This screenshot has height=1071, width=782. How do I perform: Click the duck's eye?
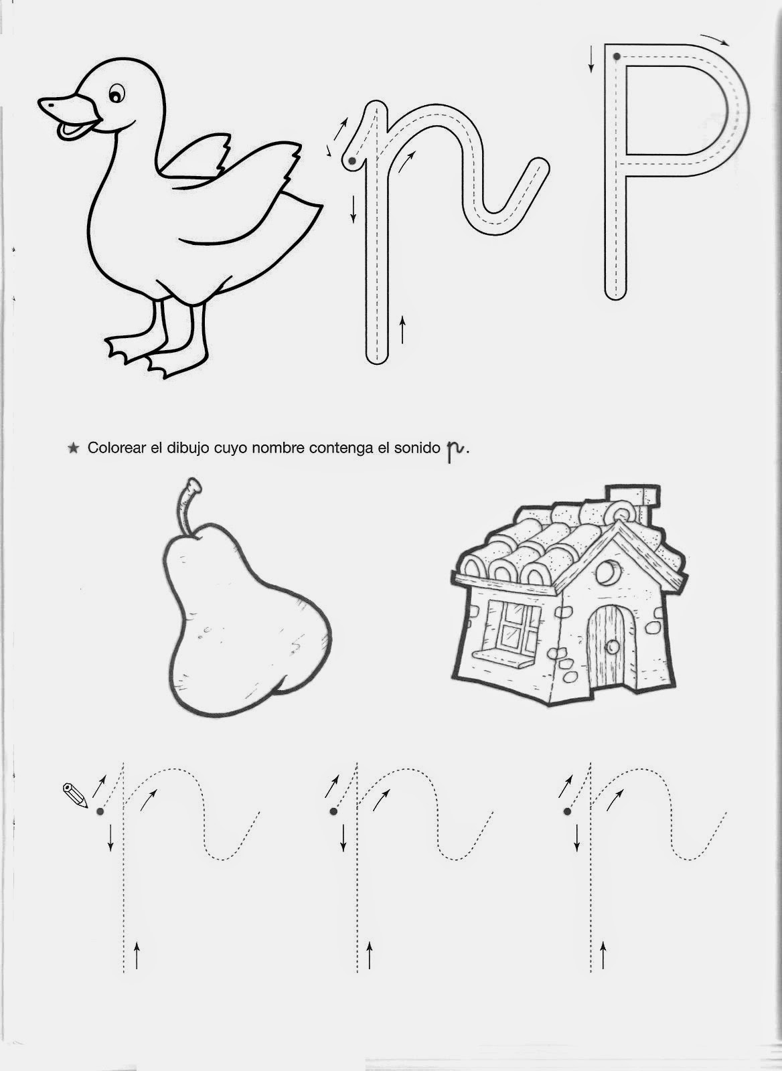point(116,93)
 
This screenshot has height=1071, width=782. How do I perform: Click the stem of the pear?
point(188,506)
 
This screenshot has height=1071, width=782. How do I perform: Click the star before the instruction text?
point(73,448)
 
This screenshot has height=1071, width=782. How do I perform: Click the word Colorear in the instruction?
point(116,448)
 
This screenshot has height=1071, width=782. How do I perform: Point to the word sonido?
point(416,448)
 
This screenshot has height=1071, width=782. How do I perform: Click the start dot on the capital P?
point(617,57)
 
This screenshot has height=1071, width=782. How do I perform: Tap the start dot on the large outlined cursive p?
point(352,161)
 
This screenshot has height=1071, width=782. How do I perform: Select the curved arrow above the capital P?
point(714,39)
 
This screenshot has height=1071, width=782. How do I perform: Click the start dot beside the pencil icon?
point(100,811)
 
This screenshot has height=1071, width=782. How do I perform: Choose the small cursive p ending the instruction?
point(455,450)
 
